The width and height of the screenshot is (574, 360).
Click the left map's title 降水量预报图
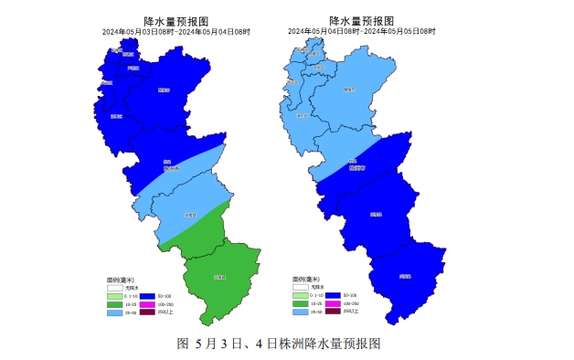(x=175, y=21)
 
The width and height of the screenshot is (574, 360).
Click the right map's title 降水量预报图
(x=361, y=21)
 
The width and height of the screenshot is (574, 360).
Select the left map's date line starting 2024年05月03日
(x=175, y=31)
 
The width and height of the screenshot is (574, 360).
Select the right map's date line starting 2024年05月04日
(x=361, y=31)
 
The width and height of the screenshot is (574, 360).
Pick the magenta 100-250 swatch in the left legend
(x=148, y=303)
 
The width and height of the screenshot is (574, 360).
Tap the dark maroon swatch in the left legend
(x=148, y=312)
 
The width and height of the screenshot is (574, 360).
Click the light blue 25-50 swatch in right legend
(x=302, y=312)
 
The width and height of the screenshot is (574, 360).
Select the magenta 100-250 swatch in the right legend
(x=333, y=303)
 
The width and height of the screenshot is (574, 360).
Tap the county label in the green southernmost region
(x=219, y=277)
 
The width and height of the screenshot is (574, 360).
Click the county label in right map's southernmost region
(x=405, y=275)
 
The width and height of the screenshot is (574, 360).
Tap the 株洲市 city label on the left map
(x=172, y=168)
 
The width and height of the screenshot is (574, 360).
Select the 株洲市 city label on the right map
(x=356, y=167)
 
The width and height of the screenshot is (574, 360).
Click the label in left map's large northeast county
(x=164, y=90)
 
